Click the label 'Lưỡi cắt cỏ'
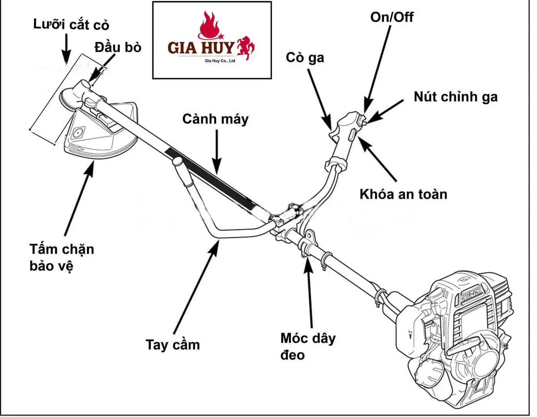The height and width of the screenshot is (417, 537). (71, 25)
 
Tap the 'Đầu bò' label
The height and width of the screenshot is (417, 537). (118, 47)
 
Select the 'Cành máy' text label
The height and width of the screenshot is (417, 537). (215, 119)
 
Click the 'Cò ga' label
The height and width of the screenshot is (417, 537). (305, 58)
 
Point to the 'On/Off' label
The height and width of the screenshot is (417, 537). (391, 17)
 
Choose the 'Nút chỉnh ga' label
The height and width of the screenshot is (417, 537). (456, 97)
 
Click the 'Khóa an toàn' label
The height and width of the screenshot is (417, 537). (403, 194)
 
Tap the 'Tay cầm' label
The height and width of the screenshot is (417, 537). (173, 344)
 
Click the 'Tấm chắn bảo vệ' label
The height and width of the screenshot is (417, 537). (62, 257)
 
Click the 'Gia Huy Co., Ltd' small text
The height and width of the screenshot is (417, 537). (220, 61)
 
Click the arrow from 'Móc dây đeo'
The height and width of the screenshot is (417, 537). (310, 293)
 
